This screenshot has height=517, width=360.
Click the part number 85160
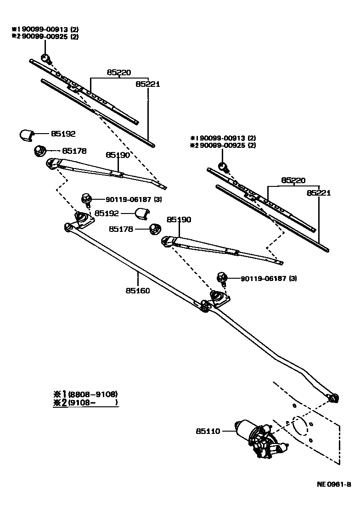137,290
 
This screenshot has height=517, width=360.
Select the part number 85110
208,431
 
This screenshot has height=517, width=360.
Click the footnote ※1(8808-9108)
85,394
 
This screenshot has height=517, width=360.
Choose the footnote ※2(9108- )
85,403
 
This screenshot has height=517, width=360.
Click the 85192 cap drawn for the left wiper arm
26,135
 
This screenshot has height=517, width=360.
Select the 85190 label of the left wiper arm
118,155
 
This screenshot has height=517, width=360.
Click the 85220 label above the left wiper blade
119,73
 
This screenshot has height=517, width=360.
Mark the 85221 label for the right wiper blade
319,193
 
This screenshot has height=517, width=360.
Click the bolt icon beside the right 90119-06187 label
222,278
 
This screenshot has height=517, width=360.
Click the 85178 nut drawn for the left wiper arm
40,150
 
